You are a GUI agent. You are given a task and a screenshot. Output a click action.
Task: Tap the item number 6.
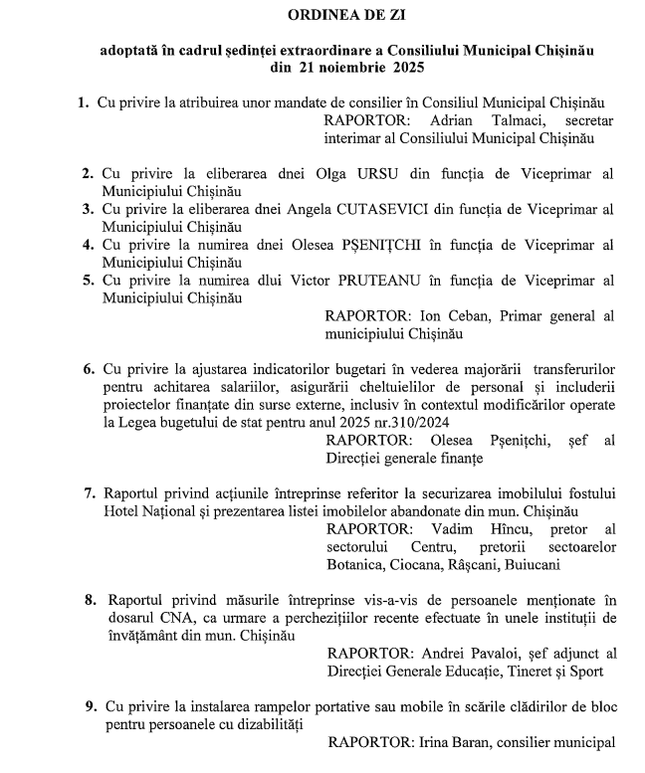89,368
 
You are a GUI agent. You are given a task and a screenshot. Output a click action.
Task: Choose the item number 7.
89,492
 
